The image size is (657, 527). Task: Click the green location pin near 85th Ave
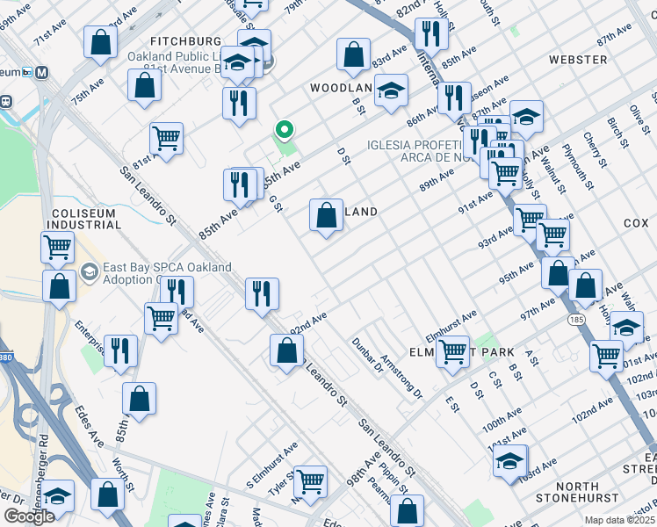[x=283, y=132]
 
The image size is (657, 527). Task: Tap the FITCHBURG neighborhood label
[x=185, y=41]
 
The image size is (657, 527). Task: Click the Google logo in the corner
[x=29, y=516]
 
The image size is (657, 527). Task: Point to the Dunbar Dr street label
[x=367, y=356]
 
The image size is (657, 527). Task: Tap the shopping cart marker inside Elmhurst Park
[x=452, y=351]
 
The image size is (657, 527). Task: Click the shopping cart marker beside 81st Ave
[x=165, y=138]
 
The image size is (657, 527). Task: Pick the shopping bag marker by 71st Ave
[x=102, y=41]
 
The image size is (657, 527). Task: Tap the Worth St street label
[x=123, y=474]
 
